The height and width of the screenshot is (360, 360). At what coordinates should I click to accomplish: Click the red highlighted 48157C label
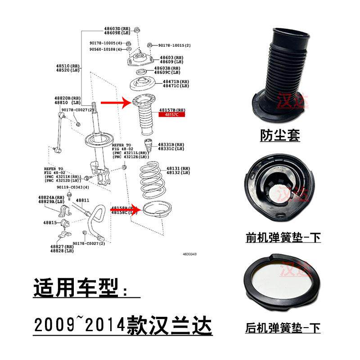point(171,115)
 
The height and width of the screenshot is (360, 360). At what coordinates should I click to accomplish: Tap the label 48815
point(50,223)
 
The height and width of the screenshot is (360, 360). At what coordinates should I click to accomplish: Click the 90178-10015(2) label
point(175,45)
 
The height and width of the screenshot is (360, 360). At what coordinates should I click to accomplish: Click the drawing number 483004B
point(189,255)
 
